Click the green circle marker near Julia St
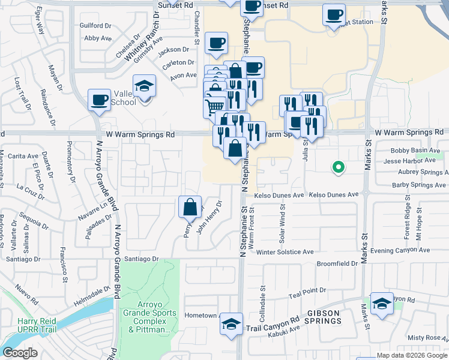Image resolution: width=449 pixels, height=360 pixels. [338, 168]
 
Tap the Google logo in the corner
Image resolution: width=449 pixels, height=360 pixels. [20, 353]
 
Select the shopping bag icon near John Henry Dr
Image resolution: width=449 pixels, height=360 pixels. [190, 207]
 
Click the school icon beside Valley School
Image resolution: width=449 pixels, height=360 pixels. [144, 86]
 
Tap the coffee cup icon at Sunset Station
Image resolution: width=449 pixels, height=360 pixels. [334, 14]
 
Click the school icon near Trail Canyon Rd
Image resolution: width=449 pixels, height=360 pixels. [232, 324]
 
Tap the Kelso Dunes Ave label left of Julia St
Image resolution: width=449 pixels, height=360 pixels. [279, 196]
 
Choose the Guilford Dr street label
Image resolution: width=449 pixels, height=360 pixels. [95, 26]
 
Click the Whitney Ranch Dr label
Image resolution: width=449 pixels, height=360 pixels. [136, 52]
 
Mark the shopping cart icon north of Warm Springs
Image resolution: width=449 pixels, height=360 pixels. [215, 107]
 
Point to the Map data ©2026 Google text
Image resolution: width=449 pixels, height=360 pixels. [412, 355]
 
